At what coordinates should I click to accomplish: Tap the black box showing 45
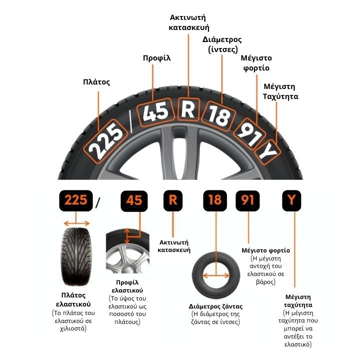point(134,200)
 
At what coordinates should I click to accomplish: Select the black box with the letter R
point(173,200)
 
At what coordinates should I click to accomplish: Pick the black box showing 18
point(215,200)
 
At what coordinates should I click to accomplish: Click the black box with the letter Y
point(291,200)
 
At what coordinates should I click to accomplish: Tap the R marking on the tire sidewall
point(187,109)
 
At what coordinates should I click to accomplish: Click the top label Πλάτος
point(96,82)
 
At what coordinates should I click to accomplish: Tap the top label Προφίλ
point(157,58)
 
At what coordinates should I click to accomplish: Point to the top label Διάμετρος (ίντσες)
point(222,44)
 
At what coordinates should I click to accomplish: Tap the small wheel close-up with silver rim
point(127,253)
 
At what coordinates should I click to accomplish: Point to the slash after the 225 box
point(98,202)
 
